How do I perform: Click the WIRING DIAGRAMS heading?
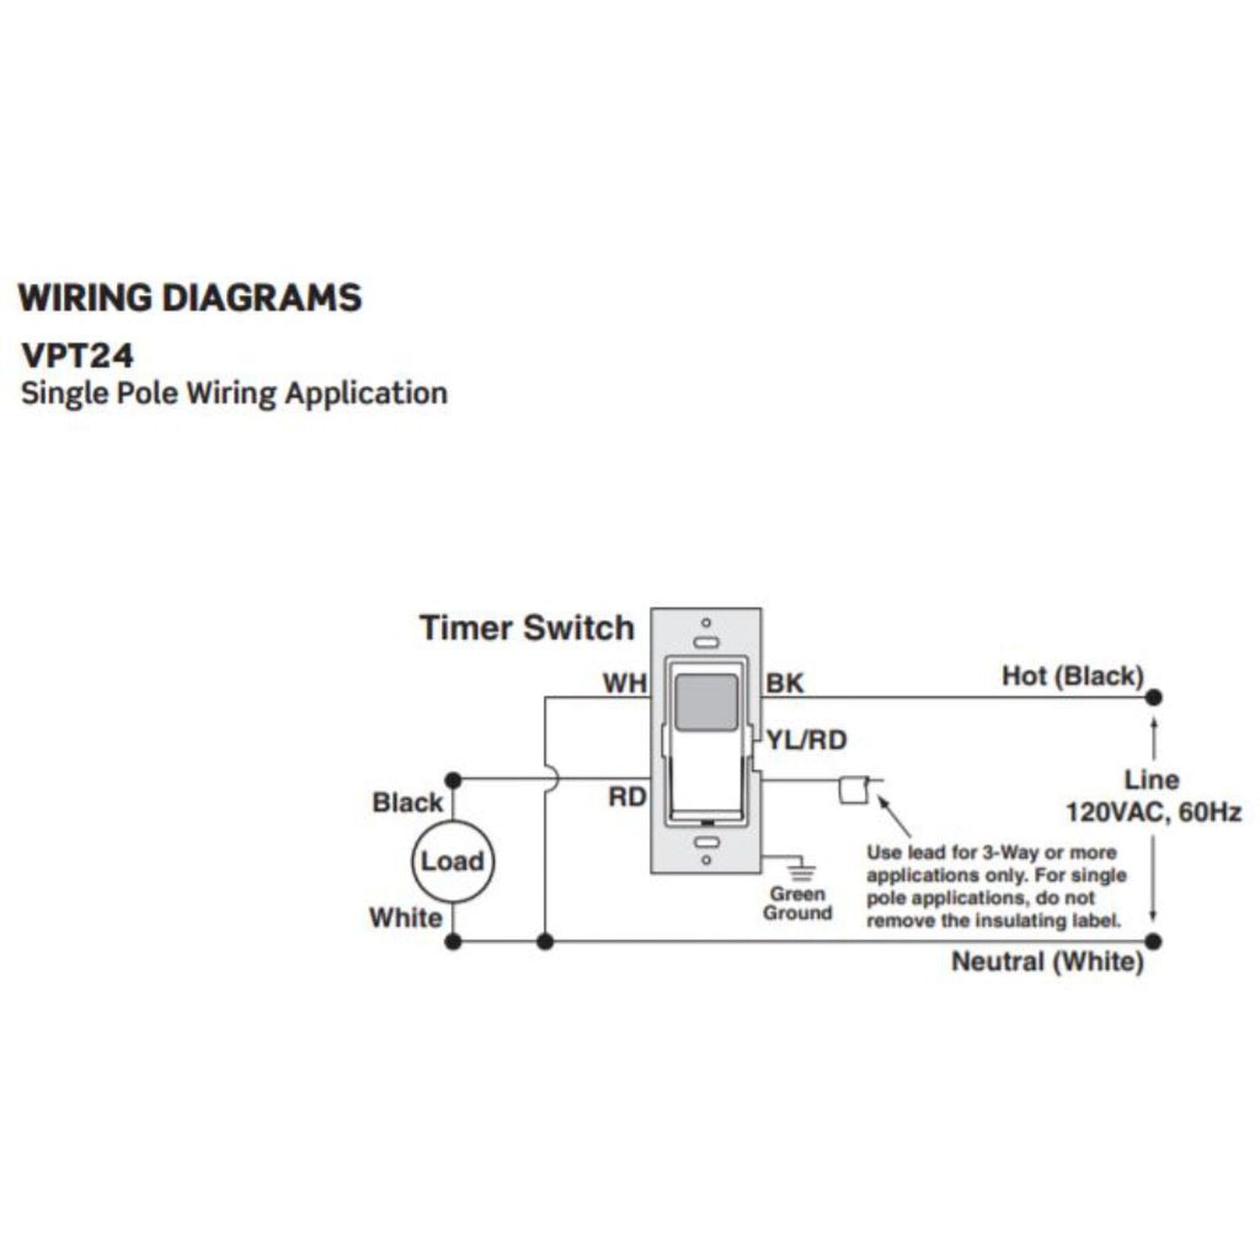tap(190, 298)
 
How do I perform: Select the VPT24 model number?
tap(78, 356)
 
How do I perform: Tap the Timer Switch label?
tap(527, 628)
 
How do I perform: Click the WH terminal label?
tap(624, 684)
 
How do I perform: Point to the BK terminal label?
tap(784, 684)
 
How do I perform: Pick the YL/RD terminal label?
tap(807, 740)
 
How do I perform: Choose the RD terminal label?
tap(627, 797)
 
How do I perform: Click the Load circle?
tap(452, 862)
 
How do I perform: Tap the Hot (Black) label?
tap(1072, 676)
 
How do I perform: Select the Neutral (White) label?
tap(1047, 962)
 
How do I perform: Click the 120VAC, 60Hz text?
tap(1153, 813)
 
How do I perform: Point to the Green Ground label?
tap(797, 904)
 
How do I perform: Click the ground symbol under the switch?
tap(801, 870)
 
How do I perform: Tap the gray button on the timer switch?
tap(706, 702)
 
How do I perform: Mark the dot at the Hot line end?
tap(1154, 698)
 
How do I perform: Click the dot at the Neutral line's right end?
tap(1154, 942)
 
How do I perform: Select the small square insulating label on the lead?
tap(851, 789)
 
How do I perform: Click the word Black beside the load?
tap(407, 802)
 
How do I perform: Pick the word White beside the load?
tap(405, 918)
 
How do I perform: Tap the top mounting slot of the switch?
tap(706, 642)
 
